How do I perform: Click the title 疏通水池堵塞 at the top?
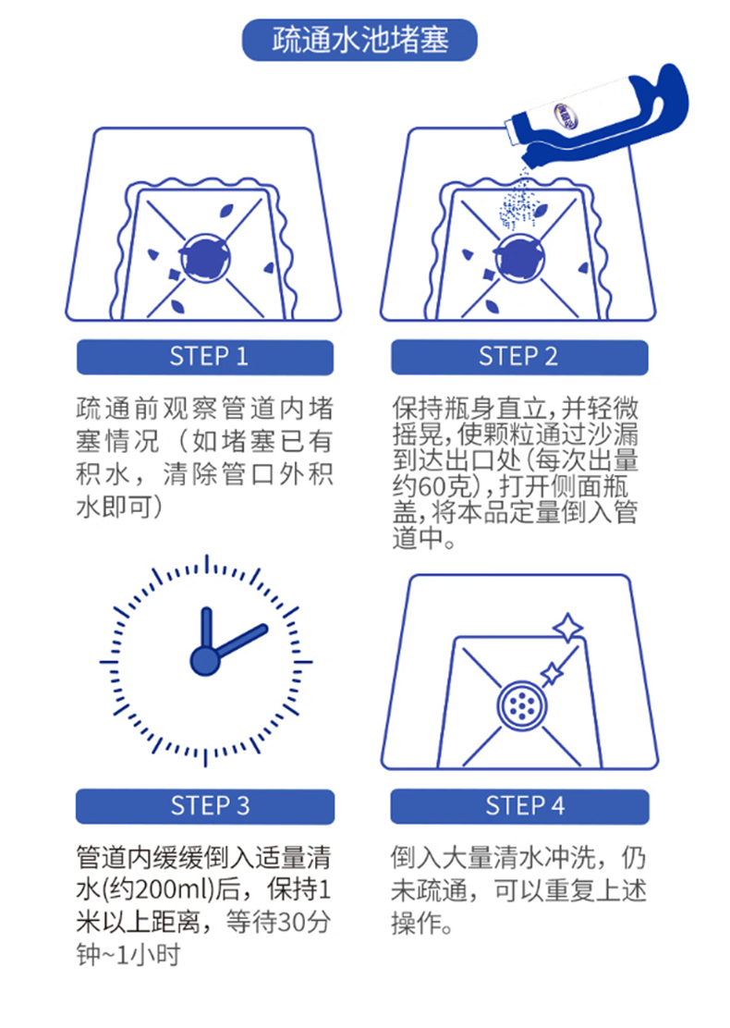[x=359, y=40]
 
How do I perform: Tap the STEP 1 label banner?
[x=205, y=357]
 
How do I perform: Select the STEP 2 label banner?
[x=519, y=357]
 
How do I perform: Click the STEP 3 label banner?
[x=205, y=806]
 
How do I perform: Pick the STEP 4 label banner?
[x=520, y=806]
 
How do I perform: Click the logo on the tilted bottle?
[x=566, y=114]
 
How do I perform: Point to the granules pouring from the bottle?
[x=517, y=200]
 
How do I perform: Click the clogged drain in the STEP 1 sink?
[x=205, y=258]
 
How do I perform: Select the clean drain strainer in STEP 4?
[x=521, y=704]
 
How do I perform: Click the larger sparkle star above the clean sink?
[x=567, y=628]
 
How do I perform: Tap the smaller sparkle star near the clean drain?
[x=551, y=673]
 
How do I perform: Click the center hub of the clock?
[x=205, y=661]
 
